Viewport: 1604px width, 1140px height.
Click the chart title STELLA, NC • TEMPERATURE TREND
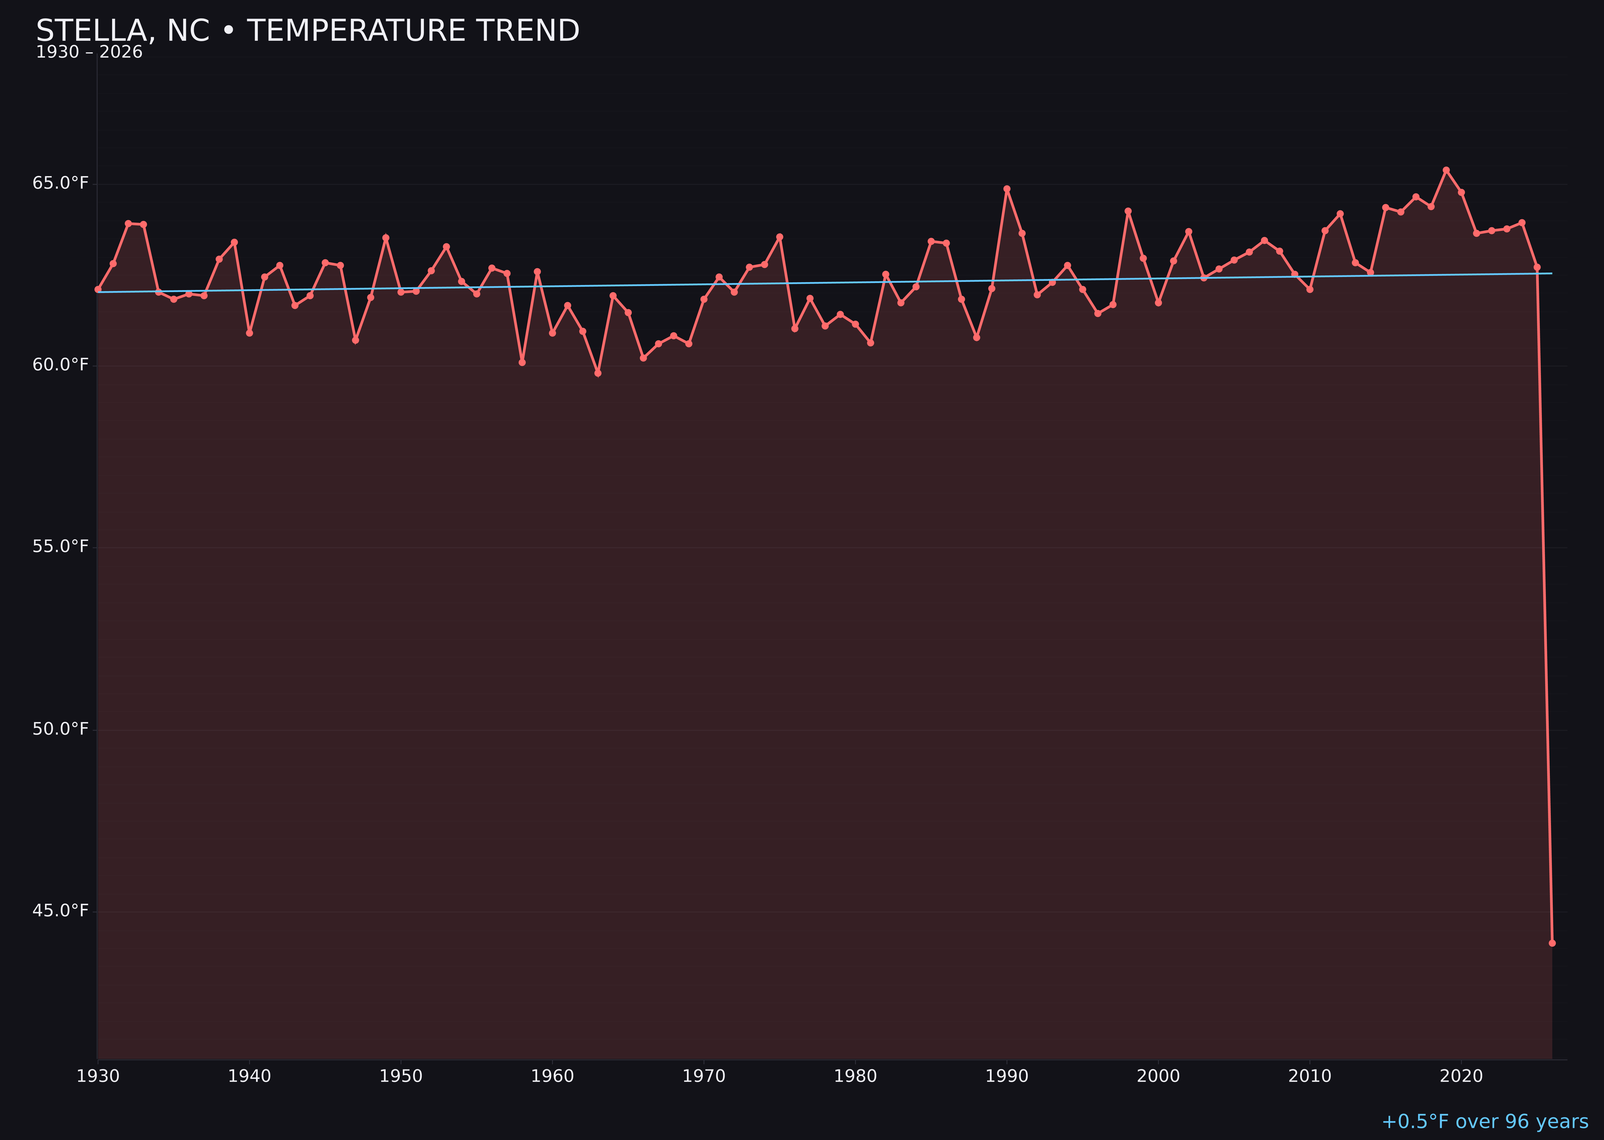[x=308, y=31]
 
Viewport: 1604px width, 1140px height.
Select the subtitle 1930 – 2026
[x=89, y=53]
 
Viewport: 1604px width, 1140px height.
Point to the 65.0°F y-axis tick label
[x=61, y=183]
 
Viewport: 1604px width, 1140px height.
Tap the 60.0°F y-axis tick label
[x=61, y=365]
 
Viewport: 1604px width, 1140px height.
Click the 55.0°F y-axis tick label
[x=61, y=547]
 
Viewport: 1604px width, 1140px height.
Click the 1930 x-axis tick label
[x=97, y=1076]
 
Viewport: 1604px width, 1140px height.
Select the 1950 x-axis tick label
[x=401, y=1076]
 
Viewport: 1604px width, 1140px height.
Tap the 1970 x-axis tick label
[x=704, y=1076]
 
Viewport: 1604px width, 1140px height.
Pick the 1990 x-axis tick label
[x=1007, y=1076]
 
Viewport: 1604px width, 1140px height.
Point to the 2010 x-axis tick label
[x=1310, y=1076]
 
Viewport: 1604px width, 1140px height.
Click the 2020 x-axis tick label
[x=1461, y=1076]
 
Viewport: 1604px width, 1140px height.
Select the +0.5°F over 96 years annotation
[x=1485, y=1122]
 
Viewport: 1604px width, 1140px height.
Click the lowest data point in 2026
[x=1552, y=943]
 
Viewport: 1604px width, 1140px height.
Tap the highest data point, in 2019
[x=1446, y=170]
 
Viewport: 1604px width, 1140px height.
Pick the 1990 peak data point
[x=1007, y=189]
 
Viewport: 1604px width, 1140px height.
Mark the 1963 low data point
[x=597, y=373]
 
